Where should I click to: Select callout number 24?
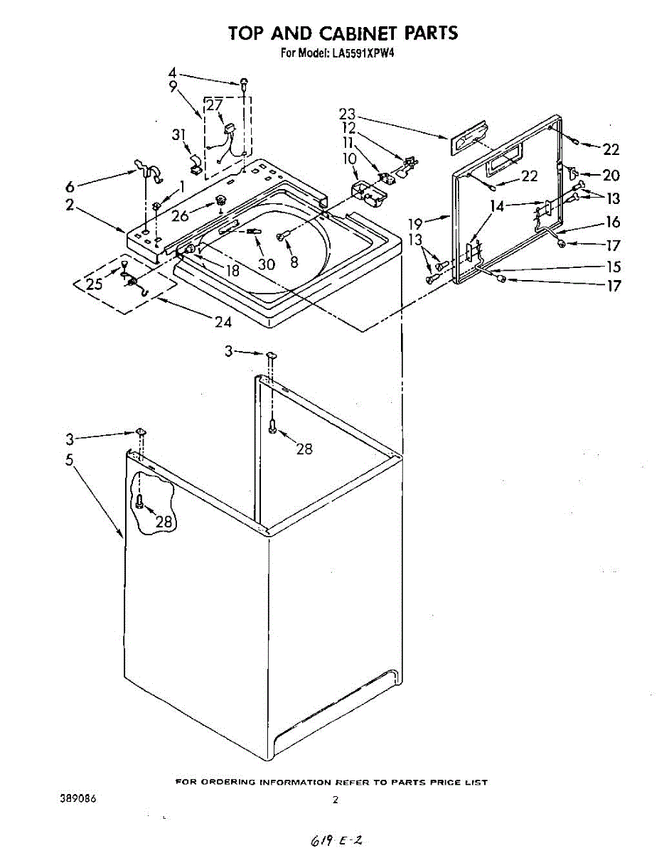point(223,321)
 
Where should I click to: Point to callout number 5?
point(70,460)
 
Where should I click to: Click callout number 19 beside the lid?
point(415,224)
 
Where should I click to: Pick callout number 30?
point(267,264)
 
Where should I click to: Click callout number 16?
point(613,223)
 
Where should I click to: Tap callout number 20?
point(611,176)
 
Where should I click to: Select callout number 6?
point(70,187)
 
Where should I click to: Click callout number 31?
point(179,134)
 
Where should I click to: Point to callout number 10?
point(349,158)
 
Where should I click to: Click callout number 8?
point(294,261)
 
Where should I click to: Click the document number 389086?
point(77,799)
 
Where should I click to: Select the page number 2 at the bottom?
point(334,800)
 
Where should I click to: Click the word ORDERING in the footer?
point(226,782)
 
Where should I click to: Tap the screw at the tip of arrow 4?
point(245,84)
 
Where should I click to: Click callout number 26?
point(181,215)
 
